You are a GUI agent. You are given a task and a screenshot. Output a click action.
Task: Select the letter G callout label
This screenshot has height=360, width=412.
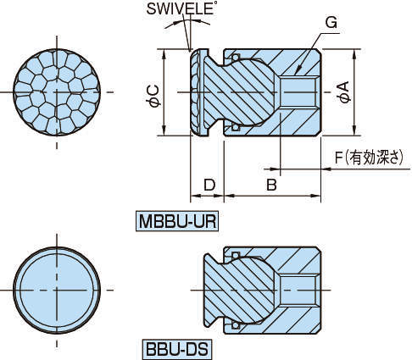(x=331, y=24)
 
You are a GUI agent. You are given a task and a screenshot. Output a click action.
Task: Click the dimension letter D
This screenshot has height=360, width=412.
(x=208, y=184)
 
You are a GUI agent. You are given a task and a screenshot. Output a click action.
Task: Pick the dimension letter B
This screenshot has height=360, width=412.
(x=271, y=184)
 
